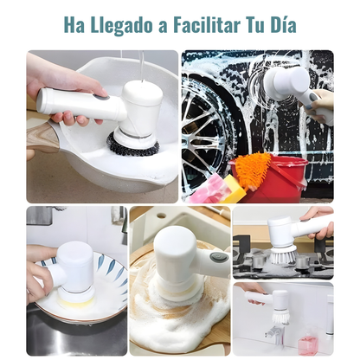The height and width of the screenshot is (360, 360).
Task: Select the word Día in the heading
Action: (x=280, y=25)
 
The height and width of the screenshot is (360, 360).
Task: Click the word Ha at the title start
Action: (x=74, y=25)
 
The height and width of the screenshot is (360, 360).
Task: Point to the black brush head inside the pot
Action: (x=132, y=145)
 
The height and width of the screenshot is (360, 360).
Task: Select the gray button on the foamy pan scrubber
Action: (x=219, y=257)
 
